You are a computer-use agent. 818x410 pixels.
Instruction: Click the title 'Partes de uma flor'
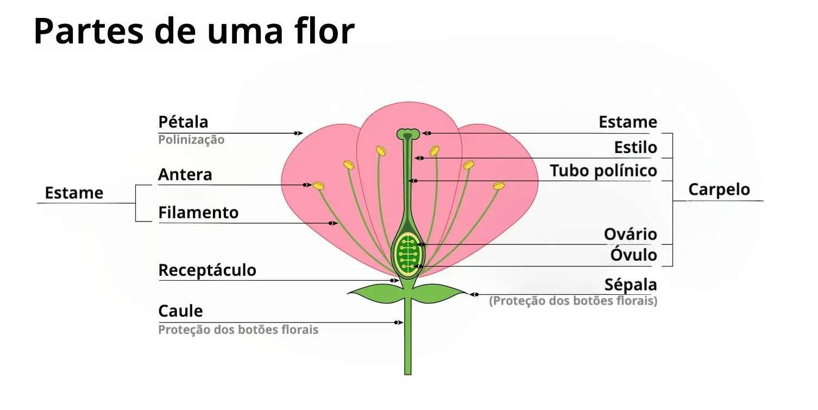[x=194, y=31]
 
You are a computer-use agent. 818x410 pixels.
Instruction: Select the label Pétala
[x=183, y=122]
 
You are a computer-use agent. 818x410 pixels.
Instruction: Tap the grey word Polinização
[x=191, y=140]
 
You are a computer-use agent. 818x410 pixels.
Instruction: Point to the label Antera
[x=185, y=175]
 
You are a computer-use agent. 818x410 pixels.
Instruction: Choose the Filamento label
[x=198, y=212]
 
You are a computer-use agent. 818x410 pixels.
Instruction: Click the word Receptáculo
[x=207, y=270]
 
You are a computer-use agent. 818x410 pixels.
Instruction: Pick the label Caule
[x=180, y=311]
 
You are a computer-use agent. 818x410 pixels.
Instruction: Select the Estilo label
[x=635, y=147]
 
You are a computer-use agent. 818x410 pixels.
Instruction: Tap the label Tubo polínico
[x=603, y=171]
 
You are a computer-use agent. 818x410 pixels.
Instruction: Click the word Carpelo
[x=719, y=190]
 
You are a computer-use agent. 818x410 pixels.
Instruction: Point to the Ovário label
[x=631, y=234]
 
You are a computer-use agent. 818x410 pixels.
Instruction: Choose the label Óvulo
[x=634, y=255]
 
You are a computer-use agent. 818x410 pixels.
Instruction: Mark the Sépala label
[x=631, y=285]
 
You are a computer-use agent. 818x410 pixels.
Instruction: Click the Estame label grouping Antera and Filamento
[x=74, y=193]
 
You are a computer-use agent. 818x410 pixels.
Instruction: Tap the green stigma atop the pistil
[x=407, y=133]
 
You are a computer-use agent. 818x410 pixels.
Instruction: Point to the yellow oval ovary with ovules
[x=407, y=253]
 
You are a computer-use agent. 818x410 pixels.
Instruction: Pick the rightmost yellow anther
[x=499, y=186]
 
